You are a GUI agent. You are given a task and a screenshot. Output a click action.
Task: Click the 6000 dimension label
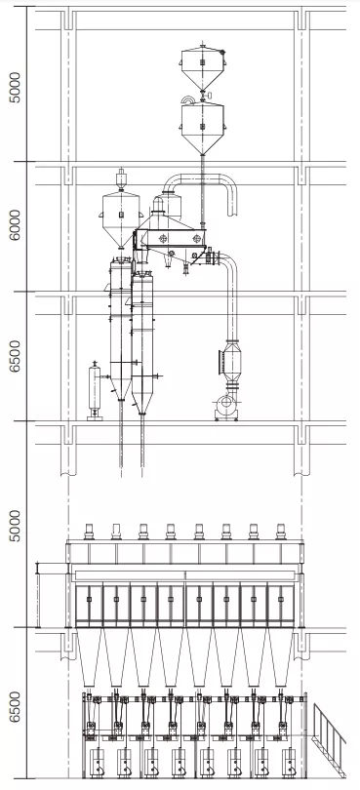[14, 227]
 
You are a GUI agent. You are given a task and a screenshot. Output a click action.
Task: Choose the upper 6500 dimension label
[14, 357]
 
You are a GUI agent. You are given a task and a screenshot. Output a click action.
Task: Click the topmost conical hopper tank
[202, 63]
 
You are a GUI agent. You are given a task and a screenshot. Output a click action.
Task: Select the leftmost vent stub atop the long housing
[88, 532]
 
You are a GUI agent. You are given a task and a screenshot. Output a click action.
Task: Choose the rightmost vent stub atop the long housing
[281, 532]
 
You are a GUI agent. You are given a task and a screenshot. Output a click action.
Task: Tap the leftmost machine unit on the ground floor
[97, 756]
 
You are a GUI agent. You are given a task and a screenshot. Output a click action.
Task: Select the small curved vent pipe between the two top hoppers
[186, 99]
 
